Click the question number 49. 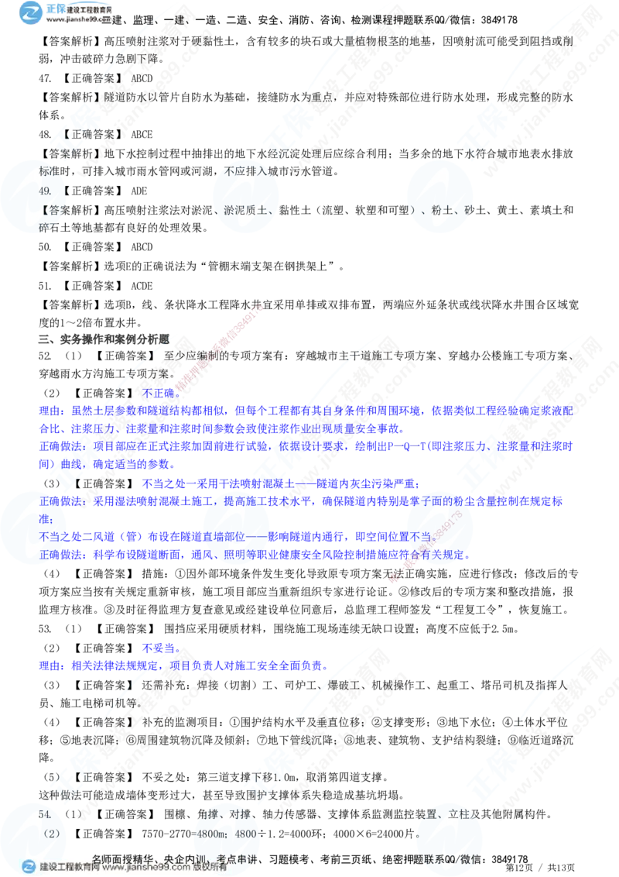tap(45, 191)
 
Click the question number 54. tap(45, 815)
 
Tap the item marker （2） tap(52, 834)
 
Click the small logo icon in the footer tap(29, 867)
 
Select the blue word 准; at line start tap(44, 520)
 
